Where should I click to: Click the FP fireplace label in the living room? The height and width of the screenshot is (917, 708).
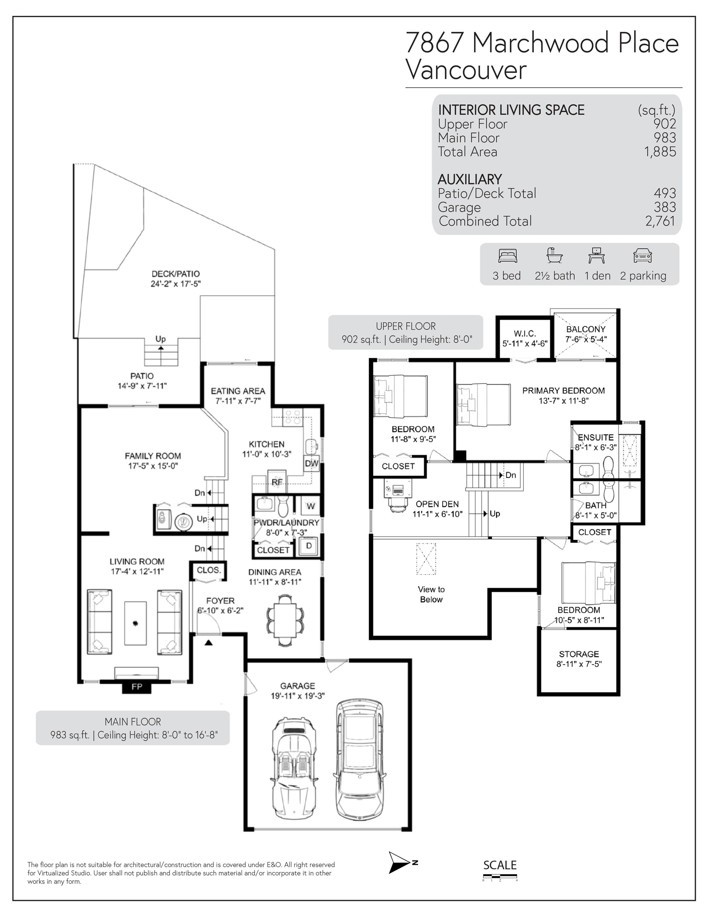(x=137, y=687)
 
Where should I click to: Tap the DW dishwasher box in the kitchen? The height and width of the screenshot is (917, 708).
(x=311, y=464)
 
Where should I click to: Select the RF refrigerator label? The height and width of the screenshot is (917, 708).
(x=277, y=482)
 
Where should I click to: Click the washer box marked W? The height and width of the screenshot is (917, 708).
(x=311, y=506)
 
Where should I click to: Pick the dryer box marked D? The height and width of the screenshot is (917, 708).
(x=309, y=546)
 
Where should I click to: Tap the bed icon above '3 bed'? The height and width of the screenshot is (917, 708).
(x=508, y=256)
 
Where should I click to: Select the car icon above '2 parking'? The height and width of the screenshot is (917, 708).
(x=642, y=256)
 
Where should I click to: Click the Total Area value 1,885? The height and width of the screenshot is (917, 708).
(x=660, y=152)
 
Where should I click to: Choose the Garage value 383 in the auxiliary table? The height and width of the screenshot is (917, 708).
(x=665, y=207)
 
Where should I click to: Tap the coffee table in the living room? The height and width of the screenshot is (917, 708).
(x=136, y=623)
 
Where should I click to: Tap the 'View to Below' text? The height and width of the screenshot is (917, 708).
(x=431, y=595)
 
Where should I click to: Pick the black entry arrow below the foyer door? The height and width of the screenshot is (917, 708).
(x=208, y=642)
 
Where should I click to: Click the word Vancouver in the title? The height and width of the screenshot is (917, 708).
(x=466, y=70)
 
